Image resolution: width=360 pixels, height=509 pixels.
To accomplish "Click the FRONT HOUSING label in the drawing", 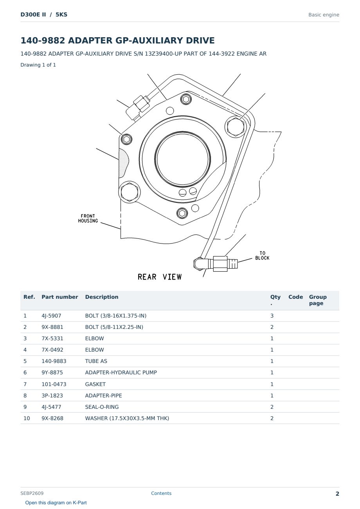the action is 88,218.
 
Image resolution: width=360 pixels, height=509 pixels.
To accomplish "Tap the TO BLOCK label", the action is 262,256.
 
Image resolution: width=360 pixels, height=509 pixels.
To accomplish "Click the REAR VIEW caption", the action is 160,277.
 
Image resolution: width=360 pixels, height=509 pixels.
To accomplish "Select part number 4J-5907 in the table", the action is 51,316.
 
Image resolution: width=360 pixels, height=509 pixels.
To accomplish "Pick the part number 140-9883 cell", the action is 54,361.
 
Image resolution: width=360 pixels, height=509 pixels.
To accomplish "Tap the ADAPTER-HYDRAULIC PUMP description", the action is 121,372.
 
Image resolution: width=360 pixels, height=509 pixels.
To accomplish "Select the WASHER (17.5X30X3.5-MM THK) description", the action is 127,418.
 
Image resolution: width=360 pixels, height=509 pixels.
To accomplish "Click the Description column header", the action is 102,297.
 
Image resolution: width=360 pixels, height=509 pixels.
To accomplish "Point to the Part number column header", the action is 60,297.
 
